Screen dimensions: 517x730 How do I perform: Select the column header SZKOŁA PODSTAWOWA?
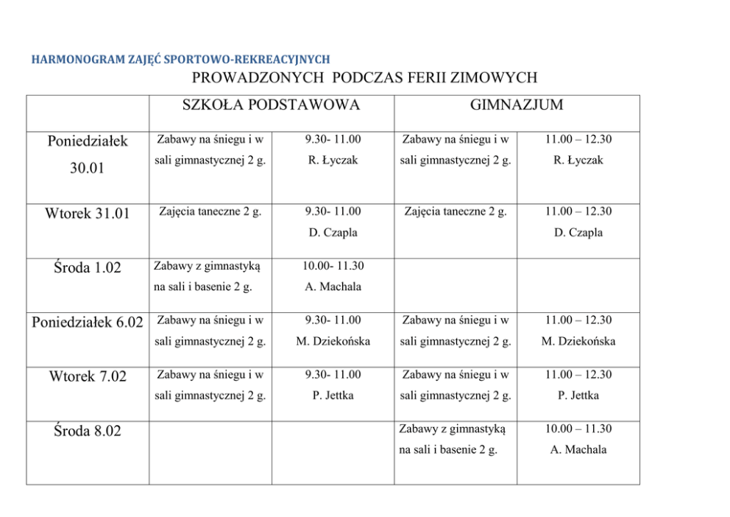tap(271, 105)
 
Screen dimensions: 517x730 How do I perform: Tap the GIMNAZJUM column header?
tap(517, 105)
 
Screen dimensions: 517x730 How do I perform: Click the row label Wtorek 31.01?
tap(87, 214)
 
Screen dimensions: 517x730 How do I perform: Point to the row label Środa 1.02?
tap(87, 268)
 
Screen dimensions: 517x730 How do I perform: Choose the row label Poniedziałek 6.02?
tap(88, 323)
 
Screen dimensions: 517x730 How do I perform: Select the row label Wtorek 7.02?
tap(88, 377)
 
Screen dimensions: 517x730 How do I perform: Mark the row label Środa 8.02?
tap(87, 432)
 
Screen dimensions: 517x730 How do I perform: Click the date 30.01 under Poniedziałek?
tap(87, 169)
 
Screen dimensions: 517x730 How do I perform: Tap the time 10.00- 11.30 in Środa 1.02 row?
tap(333, 266)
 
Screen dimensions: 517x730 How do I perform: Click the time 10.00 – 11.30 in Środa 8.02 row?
tap(578, 429)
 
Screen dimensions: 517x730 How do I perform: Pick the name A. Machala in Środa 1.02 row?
tap(333, 286)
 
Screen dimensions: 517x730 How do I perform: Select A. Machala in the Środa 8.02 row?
tap(578, 449)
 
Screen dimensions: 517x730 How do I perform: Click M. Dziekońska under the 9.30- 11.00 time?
tap(333, 341)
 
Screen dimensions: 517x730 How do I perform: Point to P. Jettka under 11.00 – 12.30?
tap(578, 395)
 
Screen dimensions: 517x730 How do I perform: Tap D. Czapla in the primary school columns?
tap(333, 232)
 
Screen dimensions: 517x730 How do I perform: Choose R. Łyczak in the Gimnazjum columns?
tap(578, 160)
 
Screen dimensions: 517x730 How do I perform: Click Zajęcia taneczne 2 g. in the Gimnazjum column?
tap(456, 212)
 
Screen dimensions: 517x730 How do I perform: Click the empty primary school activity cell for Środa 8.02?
tap(210, 452)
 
